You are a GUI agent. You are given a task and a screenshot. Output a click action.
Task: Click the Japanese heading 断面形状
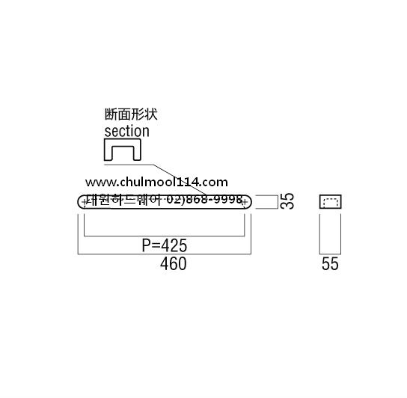click(x=131, y=114)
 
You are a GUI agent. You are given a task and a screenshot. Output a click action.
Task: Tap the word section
click(x=127, y=131)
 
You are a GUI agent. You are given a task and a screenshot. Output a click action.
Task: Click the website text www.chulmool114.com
click(x=156, y=182)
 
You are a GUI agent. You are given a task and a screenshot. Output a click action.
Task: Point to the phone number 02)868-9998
click(x=204, y=200)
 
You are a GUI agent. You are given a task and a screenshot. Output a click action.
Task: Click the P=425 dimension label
click(x=165, y=245)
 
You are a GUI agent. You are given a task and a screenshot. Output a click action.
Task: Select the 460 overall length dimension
click(x=173, y=264)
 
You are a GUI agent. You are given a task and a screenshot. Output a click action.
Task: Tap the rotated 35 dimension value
click(x=287, y=201)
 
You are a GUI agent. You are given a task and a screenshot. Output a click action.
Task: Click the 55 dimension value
click(x=330, y=264)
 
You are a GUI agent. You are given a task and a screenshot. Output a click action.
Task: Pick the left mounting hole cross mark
click(x=85, y=202)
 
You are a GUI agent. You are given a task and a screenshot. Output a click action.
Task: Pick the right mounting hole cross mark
click(x=245, y=202)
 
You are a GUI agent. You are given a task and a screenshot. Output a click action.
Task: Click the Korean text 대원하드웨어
click(x=124, y=200)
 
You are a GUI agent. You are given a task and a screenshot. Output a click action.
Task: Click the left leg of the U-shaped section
click(x=108, y=153)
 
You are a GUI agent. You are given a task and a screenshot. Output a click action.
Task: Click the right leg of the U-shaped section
click(x=138, y=153)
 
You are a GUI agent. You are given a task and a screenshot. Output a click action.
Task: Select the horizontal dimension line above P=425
click(x=165, y=236)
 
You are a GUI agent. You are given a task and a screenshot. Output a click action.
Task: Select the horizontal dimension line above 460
click(x=165, y=254)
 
